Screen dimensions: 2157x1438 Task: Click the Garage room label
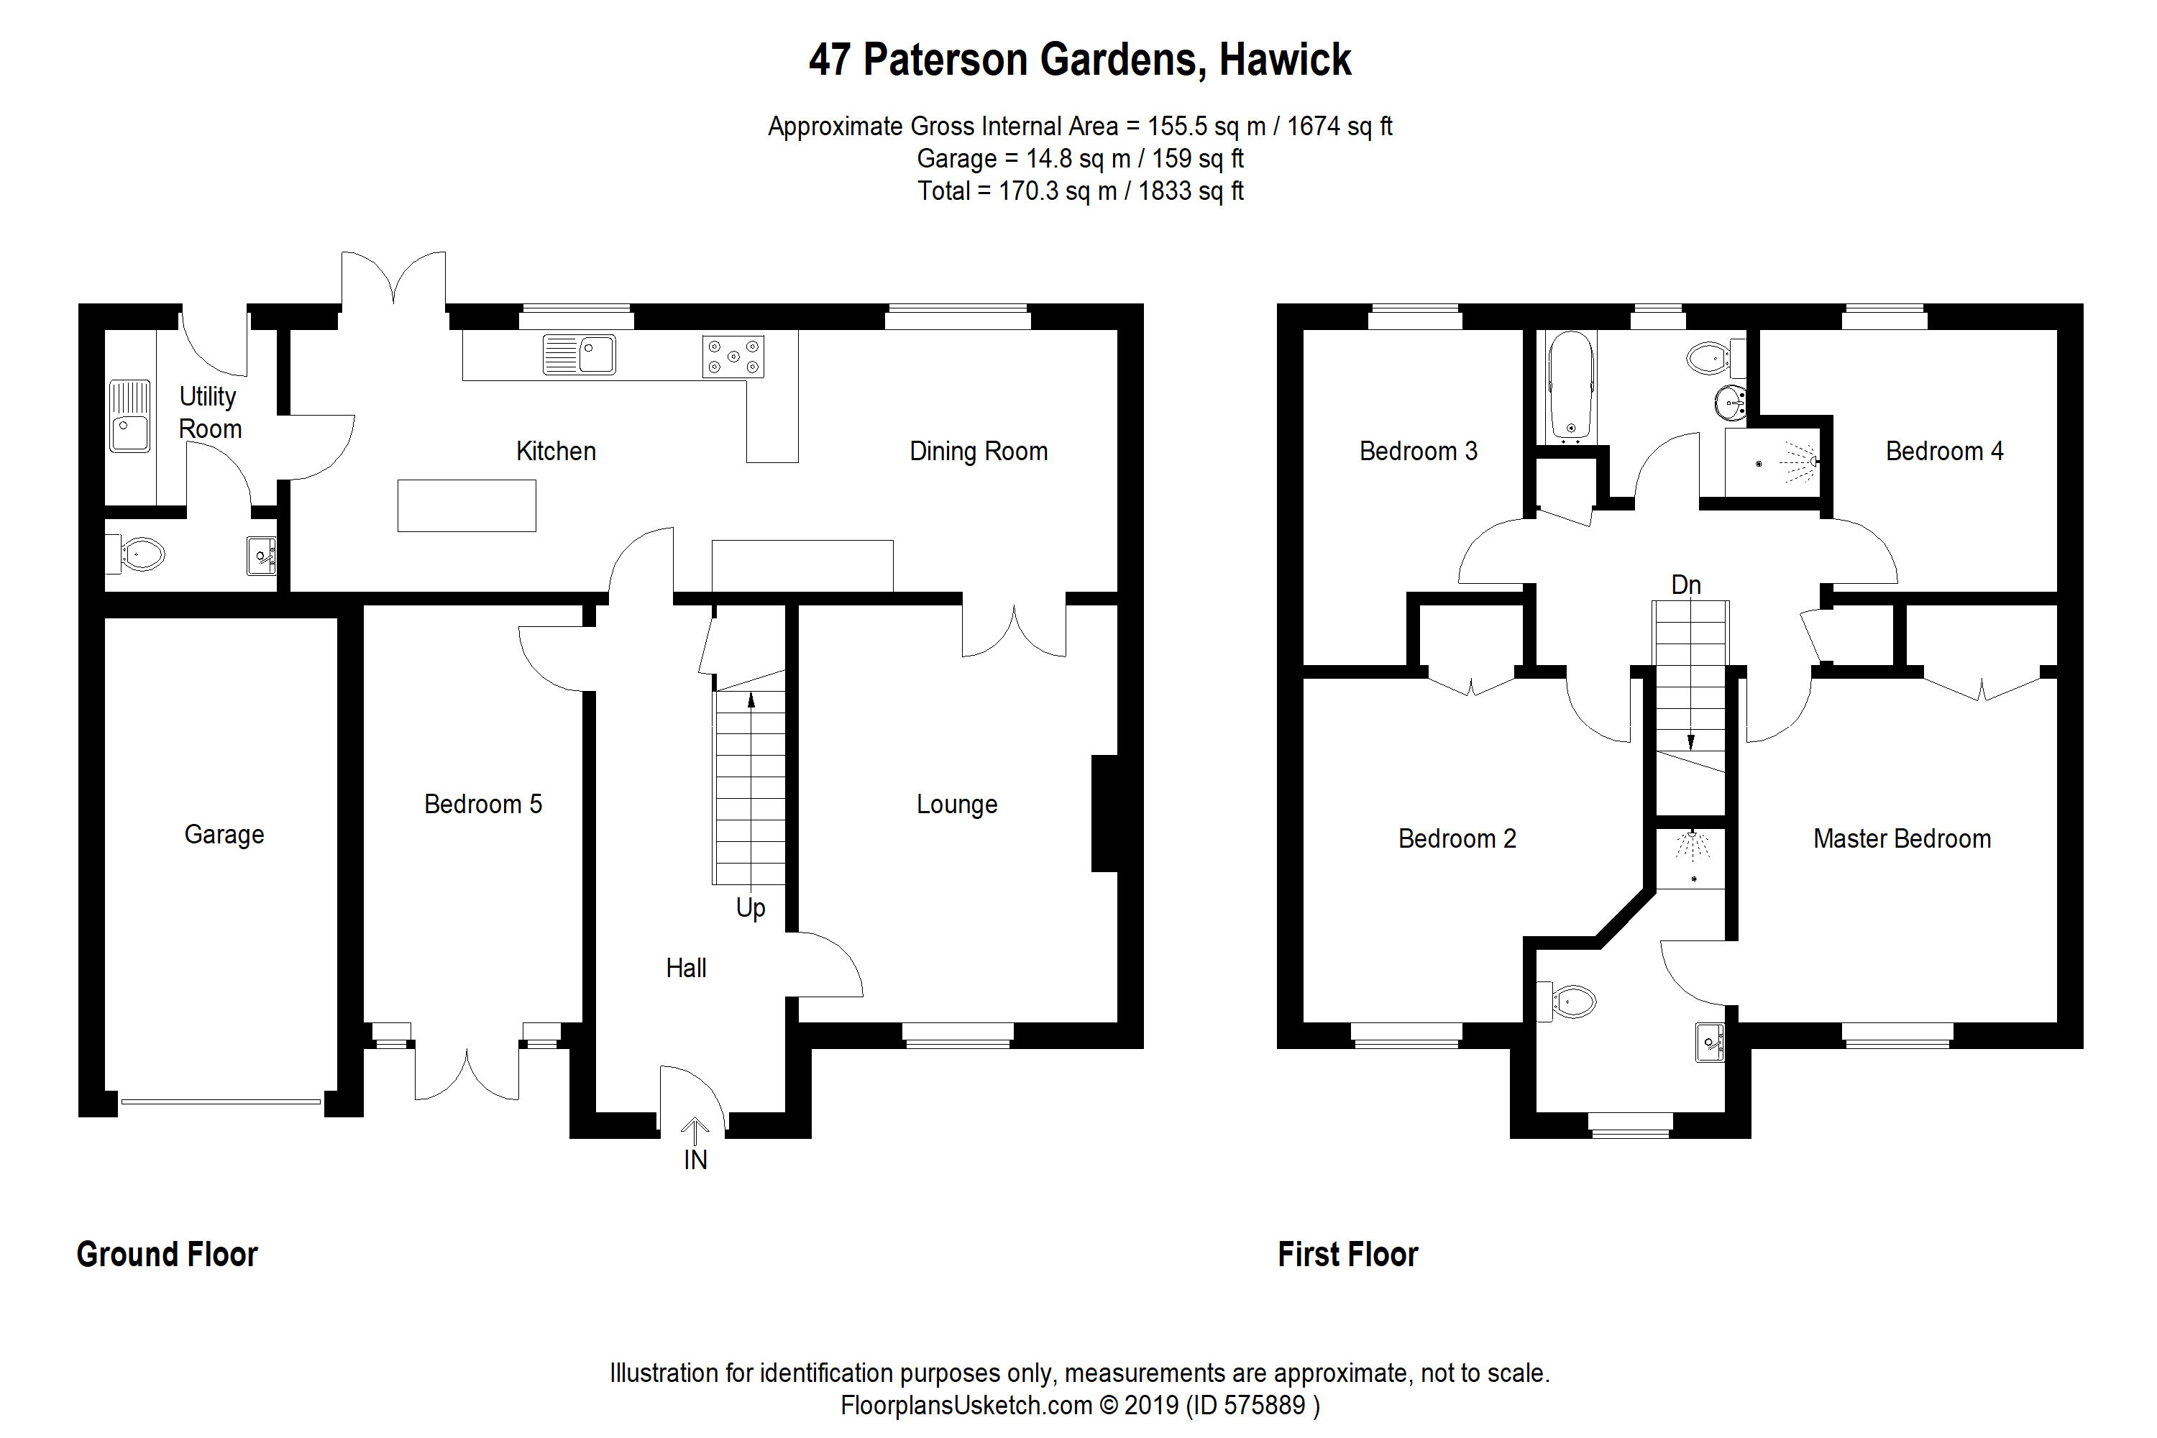coord(224,835)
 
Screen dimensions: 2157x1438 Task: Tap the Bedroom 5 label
coord(482,805)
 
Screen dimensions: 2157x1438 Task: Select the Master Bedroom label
coord(1901,838)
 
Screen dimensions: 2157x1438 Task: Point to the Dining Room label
coord(978,452)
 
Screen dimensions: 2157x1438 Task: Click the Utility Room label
coord(209,413)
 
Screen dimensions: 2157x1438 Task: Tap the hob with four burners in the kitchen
coord(733,357)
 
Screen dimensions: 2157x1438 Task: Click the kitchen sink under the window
coord(580,354)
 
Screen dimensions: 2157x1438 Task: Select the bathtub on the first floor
coord(1571,387)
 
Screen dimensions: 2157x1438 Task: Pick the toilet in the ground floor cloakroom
coord(139,554)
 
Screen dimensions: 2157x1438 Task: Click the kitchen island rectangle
coord(466,505)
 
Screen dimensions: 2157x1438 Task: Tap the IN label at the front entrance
coord(695,1160)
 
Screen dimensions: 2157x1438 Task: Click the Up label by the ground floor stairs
coord(750,908)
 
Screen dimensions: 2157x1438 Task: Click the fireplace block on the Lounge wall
coord(1104,812)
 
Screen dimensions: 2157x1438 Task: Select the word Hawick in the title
coord(1284,60)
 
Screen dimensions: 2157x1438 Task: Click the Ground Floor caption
coord(167,1255)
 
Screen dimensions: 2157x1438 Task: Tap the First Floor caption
coord(1347,1255)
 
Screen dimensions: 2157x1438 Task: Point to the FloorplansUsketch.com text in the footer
coord(966,1405)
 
